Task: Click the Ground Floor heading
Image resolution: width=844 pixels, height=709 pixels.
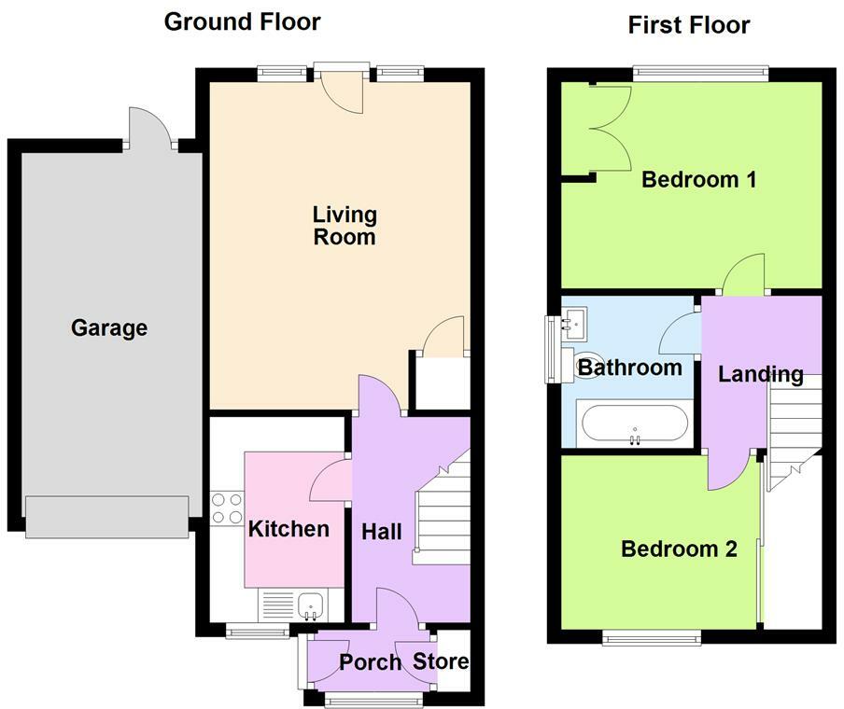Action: pos(242,22)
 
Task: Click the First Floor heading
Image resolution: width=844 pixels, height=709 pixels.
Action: pos(689,25)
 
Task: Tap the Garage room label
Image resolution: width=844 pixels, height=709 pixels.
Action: pos(109,327)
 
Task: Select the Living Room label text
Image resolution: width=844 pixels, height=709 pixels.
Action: pos(345,226)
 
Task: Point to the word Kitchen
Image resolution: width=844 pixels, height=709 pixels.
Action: pos(288,529)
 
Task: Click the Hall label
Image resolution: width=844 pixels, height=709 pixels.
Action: pos(382,532)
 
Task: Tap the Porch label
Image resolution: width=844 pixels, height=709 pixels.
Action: pos(371,662)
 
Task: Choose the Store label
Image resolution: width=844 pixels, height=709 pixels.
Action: pos(441,661)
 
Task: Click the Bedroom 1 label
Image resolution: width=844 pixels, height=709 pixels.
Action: pos(699,179)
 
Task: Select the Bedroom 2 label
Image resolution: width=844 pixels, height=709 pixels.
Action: pos(680,549)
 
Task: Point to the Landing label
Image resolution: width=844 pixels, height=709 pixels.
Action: pos(761,374)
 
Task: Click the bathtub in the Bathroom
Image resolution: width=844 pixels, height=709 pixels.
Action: pos(635,424)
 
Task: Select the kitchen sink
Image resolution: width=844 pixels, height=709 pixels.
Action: pos(310,605)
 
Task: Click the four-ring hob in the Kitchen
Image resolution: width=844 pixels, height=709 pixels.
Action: pos(227,508)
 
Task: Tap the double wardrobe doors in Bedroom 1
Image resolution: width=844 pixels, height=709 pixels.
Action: pos(611,128)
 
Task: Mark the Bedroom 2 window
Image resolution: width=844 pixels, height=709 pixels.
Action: pos(652,637)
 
